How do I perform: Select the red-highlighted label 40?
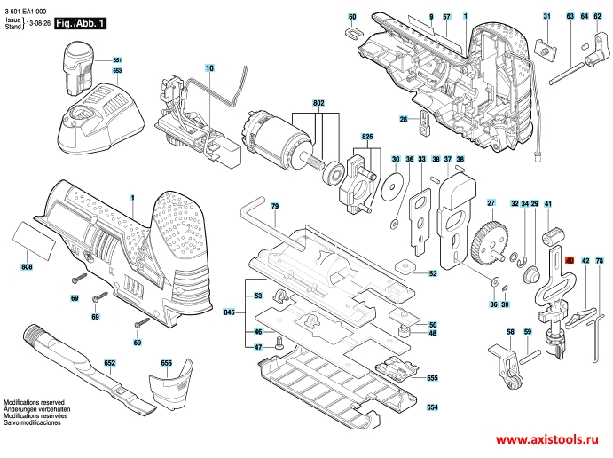(570, 260)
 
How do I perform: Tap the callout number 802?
(319, 104)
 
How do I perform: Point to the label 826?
(365, 137)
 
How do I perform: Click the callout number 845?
(230, 313)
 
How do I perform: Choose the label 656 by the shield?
(166, 364)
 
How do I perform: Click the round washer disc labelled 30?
(390, 186)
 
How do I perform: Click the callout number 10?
(209, 68)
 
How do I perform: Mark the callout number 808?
(28, 266)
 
